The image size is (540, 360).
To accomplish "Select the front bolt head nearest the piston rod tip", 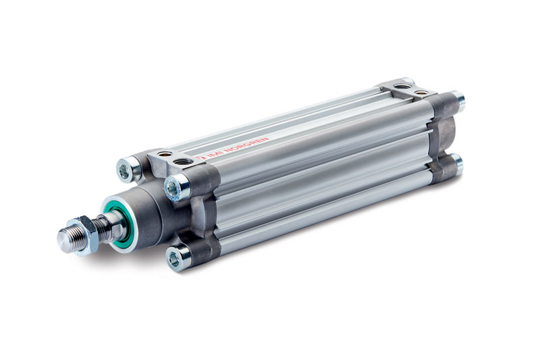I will tap(126, 170).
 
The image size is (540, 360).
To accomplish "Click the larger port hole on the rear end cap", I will tap(403, 86).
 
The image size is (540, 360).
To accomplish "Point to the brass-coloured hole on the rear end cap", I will tap(422, 92).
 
